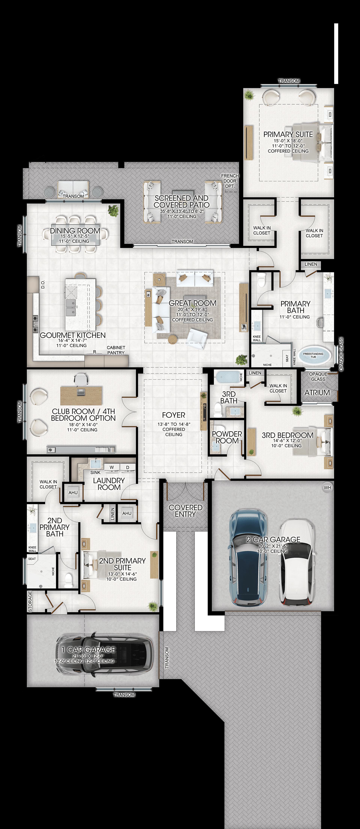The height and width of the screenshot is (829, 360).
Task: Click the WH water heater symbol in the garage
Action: click(327, 487)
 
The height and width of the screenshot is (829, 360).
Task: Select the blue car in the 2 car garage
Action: click(248, 558)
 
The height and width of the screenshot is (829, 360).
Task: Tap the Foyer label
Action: click(174, 415)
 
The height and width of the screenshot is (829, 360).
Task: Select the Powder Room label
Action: click(227, 437)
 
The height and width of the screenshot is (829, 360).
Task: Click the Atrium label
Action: click(317, 393)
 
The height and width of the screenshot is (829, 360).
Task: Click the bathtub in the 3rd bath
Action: click(226, 377)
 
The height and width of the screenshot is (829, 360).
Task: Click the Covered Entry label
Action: click(185, 511)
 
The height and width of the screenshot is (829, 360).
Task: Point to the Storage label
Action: click(30, 601)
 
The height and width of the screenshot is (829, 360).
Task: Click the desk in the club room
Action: click(81, 396)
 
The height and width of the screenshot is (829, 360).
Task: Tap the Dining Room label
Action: click(75, 231)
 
